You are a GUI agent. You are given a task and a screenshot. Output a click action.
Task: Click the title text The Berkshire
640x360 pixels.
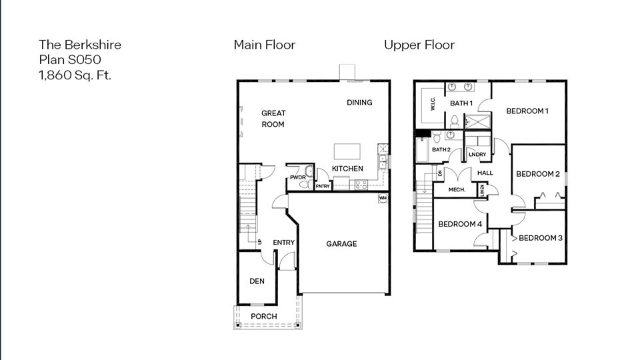[x=80, y=45]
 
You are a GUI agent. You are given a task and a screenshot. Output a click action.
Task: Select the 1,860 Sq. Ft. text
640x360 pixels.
[x=75, y=75]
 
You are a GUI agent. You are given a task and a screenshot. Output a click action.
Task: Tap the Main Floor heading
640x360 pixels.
[x=264, y=45]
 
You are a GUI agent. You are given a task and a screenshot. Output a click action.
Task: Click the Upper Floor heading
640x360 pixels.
[x=419, y=45]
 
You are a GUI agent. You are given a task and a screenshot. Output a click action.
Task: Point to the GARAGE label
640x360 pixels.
[x=341, y=244]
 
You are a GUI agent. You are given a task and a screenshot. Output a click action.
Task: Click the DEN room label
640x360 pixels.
[x=257, y=281]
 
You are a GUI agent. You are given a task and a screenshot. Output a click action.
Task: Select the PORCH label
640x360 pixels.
[x=264, y=316]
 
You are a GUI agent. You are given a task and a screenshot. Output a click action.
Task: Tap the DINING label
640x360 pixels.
[x=359, y=103]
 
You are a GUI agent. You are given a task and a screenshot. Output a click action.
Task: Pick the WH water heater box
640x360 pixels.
[x=383, y=198]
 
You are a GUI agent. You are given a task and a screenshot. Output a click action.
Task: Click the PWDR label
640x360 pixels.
[x=297, y=177]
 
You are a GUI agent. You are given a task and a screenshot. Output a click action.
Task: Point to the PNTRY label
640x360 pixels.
[x=323, y=186]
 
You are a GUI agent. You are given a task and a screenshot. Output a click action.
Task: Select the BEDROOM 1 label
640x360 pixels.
[x=527, y=111]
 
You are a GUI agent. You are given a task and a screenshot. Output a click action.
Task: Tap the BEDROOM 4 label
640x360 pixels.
[x=459, y=224]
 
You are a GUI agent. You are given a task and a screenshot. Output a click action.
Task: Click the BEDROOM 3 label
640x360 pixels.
[x=541, y=238]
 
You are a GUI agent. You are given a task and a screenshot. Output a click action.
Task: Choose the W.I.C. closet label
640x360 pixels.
[x=432, y=105]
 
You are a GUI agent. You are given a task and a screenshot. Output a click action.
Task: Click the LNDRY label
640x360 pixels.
[x=477, y=155]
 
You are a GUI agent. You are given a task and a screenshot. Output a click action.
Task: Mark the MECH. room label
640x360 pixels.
[x=457, y=190]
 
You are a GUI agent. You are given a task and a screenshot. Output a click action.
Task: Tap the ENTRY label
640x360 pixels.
[x=284, y=243]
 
